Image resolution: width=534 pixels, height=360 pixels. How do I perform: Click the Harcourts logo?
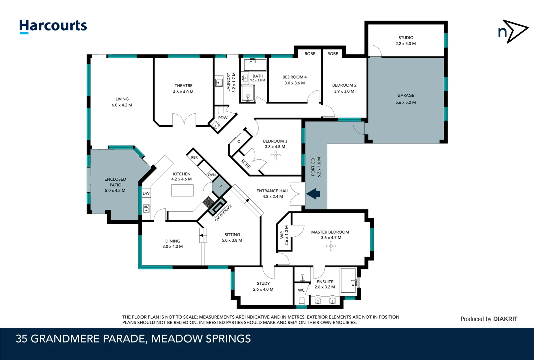53,26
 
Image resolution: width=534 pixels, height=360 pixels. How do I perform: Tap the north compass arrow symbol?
513,31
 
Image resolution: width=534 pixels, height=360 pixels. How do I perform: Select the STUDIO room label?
406,38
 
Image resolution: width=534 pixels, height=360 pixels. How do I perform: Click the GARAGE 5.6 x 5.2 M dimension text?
405,102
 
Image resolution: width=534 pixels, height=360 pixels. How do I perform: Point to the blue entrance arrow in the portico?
313,193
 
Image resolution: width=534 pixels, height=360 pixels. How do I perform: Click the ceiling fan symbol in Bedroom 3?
275,155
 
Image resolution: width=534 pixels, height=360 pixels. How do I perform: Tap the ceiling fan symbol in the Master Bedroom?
331,246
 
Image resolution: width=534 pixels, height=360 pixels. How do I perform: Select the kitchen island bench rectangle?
182,190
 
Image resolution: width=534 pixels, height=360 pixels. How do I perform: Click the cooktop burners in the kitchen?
209,202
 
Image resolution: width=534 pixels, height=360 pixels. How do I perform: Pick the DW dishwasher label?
146,193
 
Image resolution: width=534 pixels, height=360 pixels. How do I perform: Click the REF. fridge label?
194,157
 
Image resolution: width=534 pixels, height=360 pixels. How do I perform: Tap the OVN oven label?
212,175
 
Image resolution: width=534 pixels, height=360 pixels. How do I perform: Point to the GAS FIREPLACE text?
223,213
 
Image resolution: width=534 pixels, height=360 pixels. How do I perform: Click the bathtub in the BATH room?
255,65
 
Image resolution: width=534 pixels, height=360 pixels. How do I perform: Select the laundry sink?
219,82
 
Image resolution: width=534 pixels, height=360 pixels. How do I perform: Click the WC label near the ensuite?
301,290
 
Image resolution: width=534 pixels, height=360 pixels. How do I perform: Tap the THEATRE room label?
183,86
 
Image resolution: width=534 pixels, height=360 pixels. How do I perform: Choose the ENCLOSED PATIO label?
115,182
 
